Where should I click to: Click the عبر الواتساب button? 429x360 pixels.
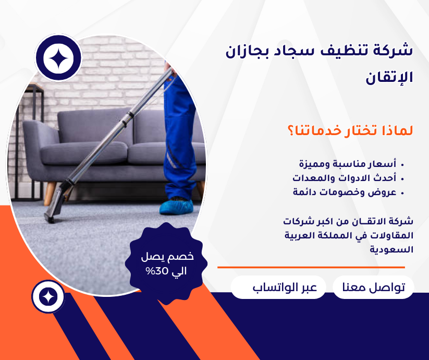(x=278, y=288)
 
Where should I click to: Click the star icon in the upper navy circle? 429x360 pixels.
(x=58, y=58)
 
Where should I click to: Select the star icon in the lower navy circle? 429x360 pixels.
(x=48, y=296)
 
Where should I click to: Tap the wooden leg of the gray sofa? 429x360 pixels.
(x=49, y=193)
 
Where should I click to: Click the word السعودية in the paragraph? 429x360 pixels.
(x=392, y=249)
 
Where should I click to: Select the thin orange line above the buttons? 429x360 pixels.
(x=311, y=267)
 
